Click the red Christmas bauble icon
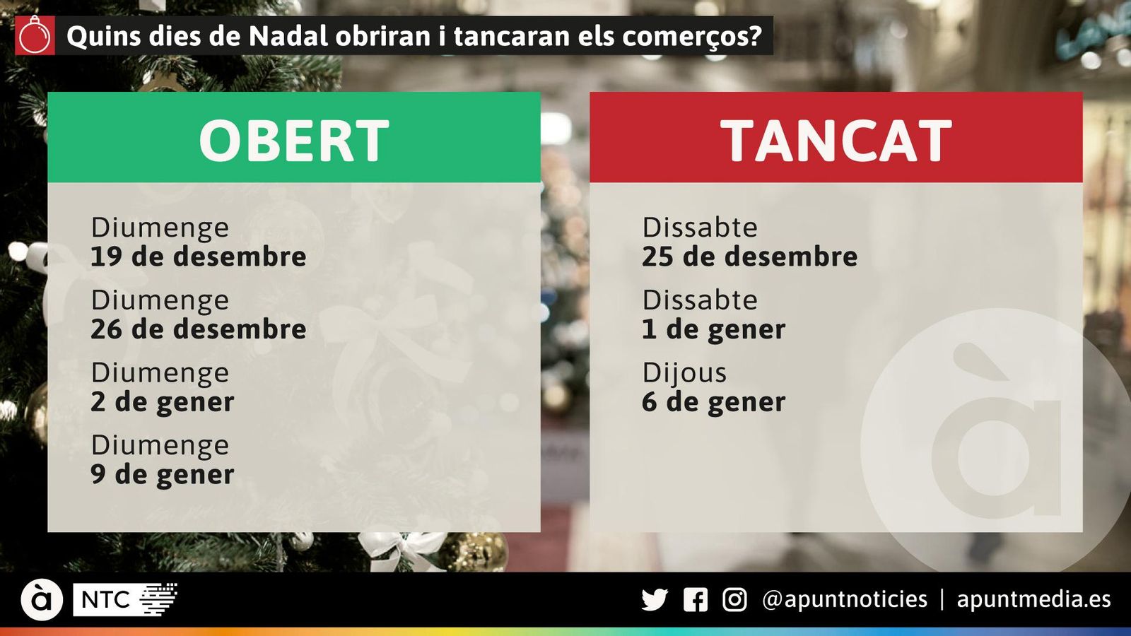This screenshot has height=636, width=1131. pos(35,35)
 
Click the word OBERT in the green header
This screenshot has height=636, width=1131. pos(293,141)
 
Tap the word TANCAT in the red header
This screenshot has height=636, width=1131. pos(836,141)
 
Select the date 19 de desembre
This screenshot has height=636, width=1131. pos(198,257)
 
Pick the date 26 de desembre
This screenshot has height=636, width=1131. pos(198,329)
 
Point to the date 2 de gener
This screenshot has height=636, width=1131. pos(162,402)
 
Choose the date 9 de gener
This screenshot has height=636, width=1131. pos(162,475)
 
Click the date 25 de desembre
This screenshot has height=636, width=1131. pos(749,257)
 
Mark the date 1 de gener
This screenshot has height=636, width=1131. pos(713,329)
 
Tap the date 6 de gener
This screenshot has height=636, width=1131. pos(713,402)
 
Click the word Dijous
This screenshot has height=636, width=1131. pos(684,372)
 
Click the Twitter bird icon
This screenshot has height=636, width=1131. pos(654,600)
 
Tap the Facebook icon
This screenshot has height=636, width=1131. pos(695,600)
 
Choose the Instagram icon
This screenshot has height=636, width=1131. pos(734,600)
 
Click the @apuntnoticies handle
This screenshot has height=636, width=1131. pos(844,600)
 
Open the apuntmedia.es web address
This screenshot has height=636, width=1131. pos(1033,600)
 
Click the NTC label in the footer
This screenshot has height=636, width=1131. pos(106,600)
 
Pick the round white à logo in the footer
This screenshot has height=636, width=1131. pos(42,600)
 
